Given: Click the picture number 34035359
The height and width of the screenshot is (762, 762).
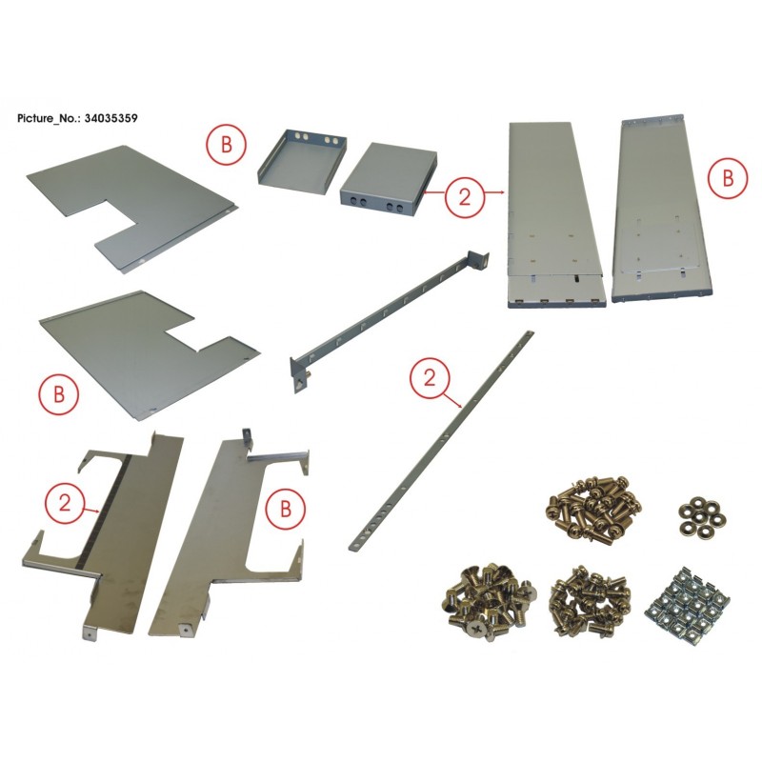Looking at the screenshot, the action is [x=110, y=118].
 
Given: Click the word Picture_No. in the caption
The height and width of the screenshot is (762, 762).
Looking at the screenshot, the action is [x=49, y=118].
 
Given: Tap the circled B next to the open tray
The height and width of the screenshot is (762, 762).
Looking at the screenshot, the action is [x=227, y=145].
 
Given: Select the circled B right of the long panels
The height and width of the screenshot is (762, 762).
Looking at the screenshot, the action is [x=728, y=179].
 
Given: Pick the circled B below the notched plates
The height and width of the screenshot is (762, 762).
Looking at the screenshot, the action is [x=59, y=394].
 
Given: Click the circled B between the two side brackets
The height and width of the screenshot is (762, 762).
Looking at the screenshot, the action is [x=286, y=509].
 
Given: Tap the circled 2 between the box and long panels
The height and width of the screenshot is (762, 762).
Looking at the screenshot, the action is [x=465, y=198].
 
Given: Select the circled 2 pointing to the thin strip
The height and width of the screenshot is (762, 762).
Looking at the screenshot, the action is [x=430, y=378].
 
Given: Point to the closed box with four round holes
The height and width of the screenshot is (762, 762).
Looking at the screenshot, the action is [x=388, y=179].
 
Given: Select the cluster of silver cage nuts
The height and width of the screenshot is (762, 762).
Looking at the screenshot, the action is [x=687, y=602].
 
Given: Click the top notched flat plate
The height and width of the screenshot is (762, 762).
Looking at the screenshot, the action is [x=132, y=208].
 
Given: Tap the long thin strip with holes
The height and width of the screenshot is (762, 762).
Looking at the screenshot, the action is [x=442, y=440].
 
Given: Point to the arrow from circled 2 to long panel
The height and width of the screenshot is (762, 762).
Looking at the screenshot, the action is [x=494, y=193].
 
